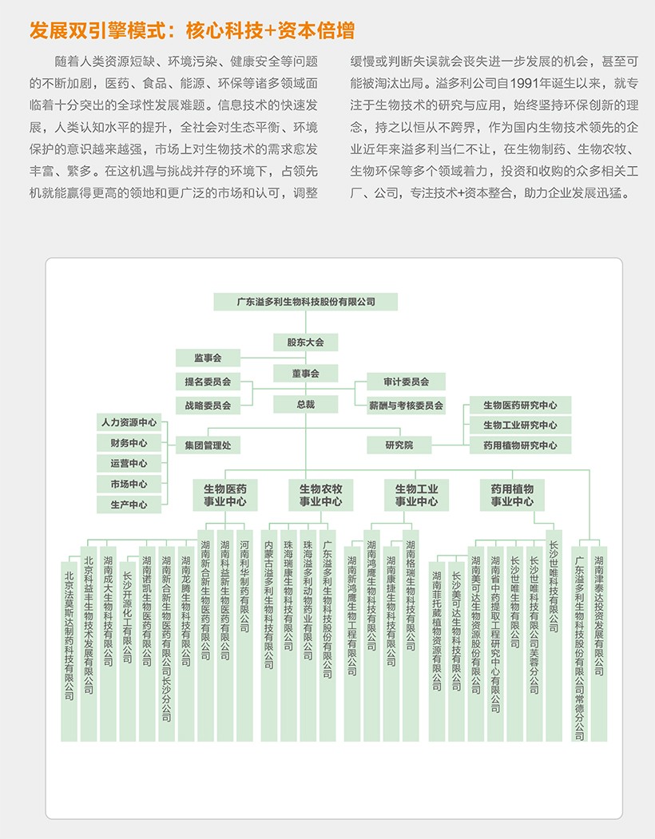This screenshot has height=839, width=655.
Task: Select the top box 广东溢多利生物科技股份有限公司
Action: point(306,302)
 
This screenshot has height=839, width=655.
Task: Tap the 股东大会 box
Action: point(305,342)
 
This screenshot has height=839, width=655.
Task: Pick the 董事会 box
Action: point(305,373)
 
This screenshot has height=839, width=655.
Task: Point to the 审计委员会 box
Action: point(406,382)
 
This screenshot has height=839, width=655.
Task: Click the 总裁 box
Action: point(305,404)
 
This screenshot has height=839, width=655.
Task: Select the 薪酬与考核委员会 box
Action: point(406,406)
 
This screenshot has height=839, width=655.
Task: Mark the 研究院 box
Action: point(399,445)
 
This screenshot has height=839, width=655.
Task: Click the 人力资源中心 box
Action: point(129,421)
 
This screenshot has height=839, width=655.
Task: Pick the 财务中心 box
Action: point(129,442)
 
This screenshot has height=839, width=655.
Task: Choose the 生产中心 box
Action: point(129,505)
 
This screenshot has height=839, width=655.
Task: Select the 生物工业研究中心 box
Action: point(520,425)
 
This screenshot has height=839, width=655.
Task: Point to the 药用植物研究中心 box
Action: point(520,445)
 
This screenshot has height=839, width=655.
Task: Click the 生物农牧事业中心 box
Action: point(320,495)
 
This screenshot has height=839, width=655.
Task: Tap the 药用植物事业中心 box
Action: point(512,495)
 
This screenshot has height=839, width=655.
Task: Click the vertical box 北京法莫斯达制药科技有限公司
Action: point(69,631)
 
